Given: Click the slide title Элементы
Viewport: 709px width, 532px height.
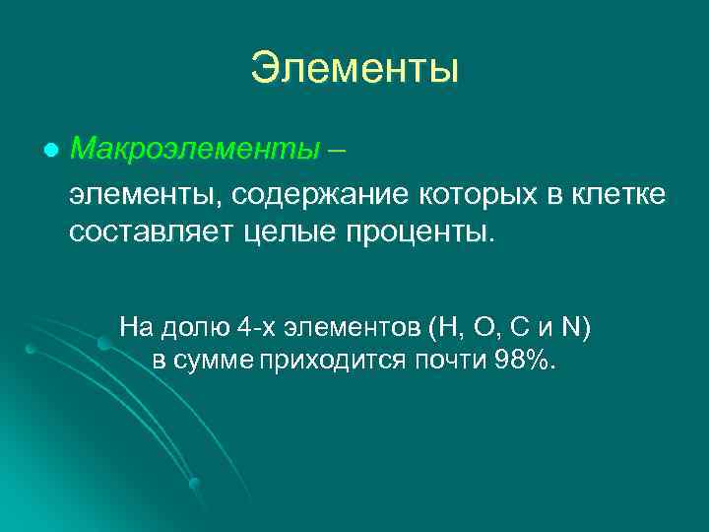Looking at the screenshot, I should [x=354, y=69].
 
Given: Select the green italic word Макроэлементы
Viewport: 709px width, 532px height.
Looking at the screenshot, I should [x=195, y=150].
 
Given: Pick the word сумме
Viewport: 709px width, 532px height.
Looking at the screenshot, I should [x=215, y=360].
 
